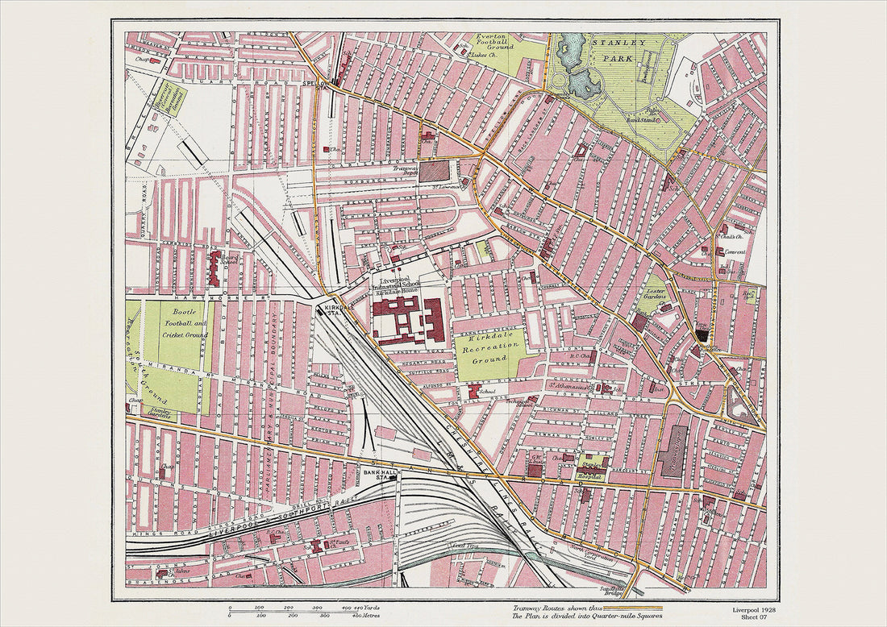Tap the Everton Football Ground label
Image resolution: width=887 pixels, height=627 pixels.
(494, 42)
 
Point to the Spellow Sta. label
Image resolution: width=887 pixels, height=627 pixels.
(318, 84)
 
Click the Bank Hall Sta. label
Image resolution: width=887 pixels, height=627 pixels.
(377, 473)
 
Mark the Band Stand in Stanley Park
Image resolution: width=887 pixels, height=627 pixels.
(643, 120)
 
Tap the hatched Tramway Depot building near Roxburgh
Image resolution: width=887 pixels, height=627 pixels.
(435, 171)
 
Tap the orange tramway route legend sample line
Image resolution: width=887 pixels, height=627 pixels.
(632, 608)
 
